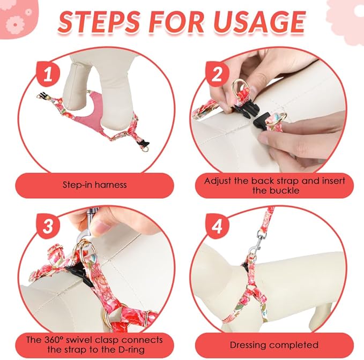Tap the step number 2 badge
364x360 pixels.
coord(217,75)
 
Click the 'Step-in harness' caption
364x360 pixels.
coord(94,185)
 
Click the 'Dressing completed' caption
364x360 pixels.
coord(275,344)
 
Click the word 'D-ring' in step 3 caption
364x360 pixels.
coord(132,350)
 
